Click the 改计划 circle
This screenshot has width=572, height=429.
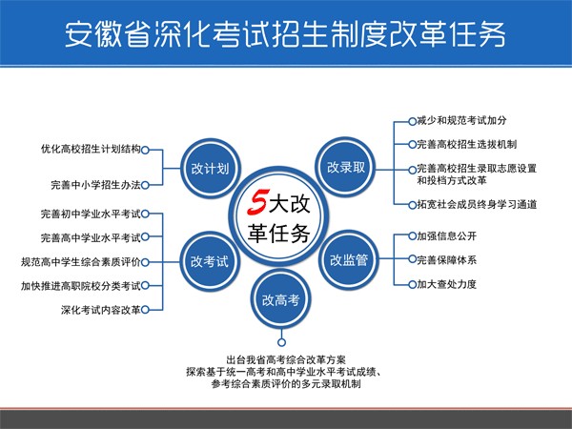(x=211, y=169)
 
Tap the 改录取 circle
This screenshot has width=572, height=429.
(x=345, y=167)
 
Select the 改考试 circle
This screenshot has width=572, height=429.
(x=210, y=261)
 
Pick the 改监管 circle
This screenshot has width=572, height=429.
(x=348, y=260)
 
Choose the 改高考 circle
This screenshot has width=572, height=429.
(x=281, y=299)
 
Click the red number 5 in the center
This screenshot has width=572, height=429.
(x=258, y=201)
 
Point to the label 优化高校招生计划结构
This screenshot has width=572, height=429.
(x=91, y=150)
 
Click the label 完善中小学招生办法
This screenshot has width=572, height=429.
(x=95, y=185)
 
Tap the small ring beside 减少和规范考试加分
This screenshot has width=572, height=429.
(x=412, y=121)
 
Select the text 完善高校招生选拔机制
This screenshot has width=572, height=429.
(x=467, y=145)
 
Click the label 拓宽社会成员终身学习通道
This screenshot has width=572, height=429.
(x=477, y=204)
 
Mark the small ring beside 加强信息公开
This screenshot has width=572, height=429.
(x=412, y=235)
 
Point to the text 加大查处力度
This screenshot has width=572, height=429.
(x=447, y=284)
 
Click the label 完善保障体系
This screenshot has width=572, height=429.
(x=447, y=260)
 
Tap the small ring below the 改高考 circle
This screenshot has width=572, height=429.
(x=281, y=342)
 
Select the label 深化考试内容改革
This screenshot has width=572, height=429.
(x=101, y=310)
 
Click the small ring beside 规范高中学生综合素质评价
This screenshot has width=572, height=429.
(x=145, y=262)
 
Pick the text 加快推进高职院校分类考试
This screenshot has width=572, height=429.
(x=81, y=286)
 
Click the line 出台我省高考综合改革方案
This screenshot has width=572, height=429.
(x=286, y=360)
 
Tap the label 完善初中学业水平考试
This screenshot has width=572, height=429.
(x=91, y=214)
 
